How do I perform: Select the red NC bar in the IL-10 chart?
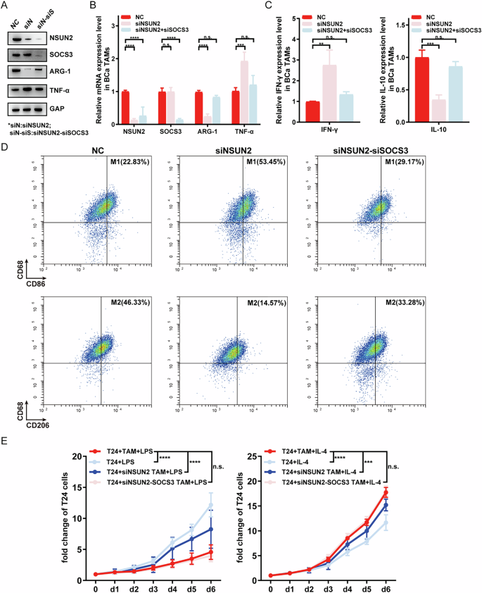tap(423, 90)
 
